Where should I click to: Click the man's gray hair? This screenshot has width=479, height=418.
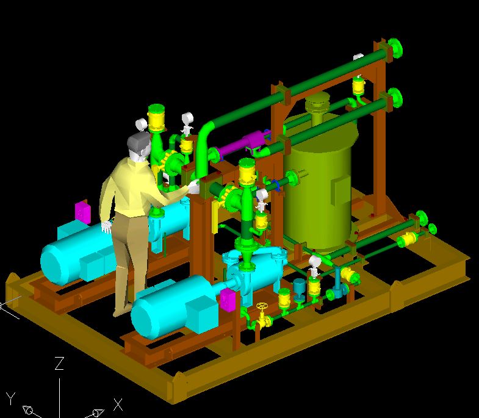pyautogui.click(x=139, y=142)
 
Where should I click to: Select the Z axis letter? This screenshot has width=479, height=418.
pyautogui.click(x=59, y=363)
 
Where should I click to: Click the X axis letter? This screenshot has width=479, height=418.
pyautogui.click(x=118, y=405)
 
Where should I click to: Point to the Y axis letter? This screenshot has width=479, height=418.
pyautogui.click(x=11, y=398)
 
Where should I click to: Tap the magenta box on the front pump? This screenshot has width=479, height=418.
pyautogui.click(x=228, y=300)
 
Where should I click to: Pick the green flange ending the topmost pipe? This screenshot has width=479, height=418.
pyautogui.click(x=395, y=48)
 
